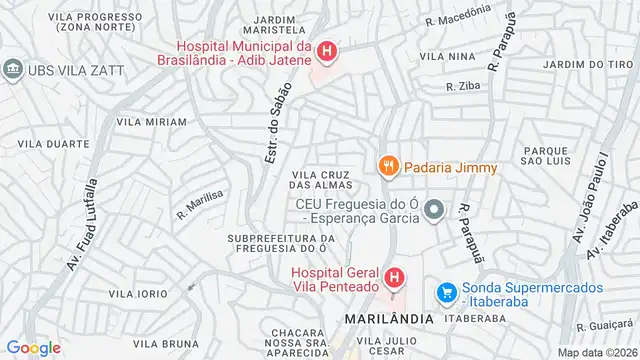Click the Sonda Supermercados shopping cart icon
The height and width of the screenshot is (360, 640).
coord(446,293)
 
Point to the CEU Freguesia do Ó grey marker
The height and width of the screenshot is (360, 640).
coord(434,210)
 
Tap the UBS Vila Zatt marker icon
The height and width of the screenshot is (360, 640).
coord(13,68)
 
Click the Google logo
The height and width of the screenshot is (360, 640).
coord(33,347)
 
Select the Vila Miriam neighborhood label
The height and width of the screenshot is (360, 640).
coord(151,122)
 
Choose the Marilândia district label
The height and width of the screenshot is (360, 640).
coord(389,318)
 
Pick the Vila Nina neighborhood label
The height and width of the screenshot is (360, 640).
coord(447,57)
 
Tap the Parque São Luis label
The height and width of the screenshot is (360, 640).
coord(546,155)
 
